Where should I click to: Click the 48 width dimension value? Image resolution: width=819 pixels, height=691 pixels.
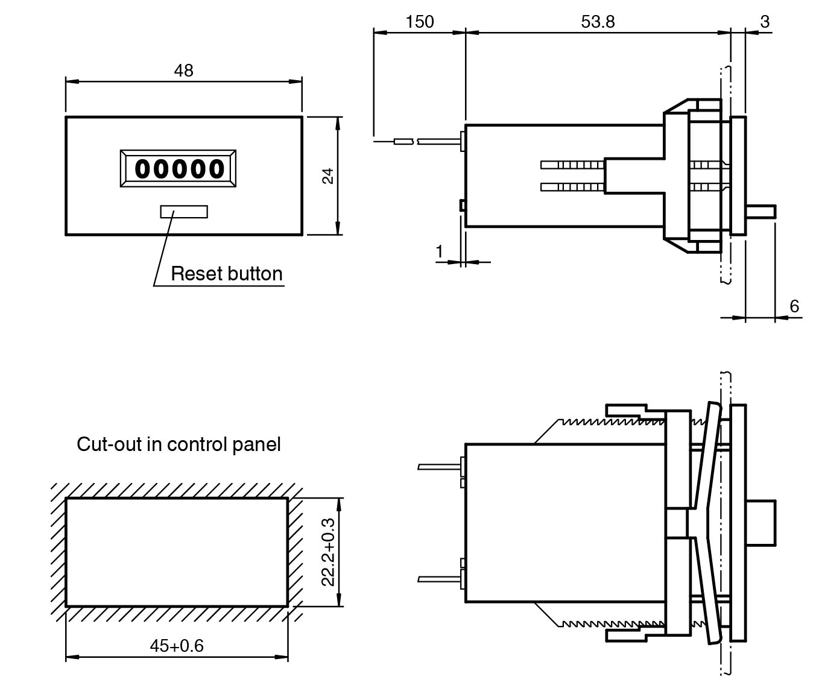point(183,71)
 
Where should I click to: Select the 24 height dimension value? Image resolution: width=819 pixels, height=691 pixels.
point(327,175)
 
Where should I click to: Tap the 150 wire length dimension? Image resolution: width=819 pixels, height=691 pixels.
point(419,22)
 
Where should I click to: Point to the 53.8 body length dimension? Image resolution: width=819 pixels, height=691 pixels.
point(598,22)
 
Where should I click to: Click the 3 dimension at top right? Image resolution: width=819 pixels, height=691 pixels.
point(765,22)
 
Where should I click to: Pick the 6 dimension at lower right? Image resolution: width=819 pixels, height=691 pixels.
point(794,306)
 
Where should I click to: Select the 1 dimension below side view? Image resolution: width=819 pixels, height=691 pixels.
point(440,251)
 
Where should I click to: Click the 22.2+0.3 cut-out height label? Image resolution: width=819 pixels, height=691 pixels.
point(328,552)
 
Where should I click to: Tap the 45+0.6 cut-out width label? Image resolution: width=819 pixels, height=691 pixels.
point(177,646)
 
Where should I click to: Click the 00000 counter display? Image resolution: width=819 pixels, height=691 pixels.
point(179,169)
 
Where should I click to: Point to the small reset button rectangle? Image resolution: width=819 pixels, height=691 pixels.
point(184,212)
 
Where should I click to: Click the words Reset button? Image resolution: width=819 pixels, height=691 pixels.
point(227,274)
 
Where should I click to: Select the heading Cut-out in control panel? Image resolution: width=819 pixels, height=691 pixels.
point(179,444)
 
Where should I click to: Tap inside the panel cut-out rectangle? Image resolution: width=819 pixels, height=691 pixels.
point(176,552)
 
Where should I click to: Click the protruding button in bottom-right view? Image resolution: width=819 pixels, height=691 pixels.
point(760,522)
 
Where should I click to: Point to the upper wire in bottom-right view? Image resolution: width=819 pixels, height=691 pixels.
point(439,466)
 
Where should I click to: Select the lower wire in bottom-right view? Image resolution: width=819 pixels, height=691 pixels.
point(439,579)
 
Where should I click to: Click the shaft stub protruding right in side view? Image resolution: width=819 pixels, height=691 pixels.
point(760,212)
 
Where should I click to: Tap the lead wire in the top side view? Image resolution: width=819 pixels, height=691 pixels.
point(438,141)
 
